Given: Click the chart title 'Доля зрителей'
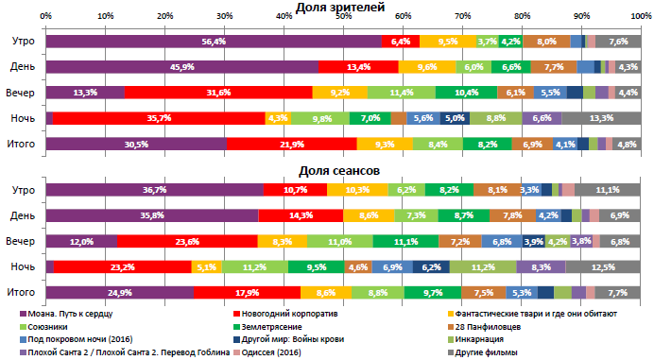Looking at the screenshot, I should tap(327, 7).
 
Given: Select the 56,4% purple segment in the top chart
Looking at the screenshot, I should tap(214, 42).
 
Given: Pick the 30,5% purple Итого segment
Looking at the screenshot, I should tap(136, 144).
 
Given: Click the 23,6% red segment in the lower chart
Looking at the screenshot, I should tap(186, 241).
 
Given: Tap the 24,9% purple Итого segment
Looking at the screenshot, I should tap(119, 293).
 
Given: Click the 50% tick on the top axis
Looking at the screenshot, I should tap(344, 16).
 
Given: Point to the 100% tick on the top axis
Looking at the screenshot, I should tap(639, 16).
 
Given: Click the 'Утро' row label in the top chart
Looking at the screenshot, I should tap(24, 42).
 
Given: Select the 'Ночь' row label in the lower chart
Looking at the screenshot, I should tap(24, 267).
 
